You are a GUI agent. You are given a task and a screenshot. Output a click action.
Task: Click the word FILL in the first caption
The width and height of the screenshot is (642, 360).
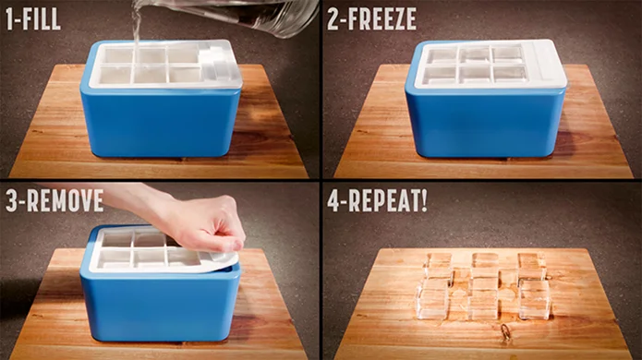[41, 18]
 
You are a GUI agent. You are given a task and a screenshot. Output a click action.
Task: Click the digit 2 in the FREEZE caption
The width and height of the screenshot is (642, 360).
[333, 18]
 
